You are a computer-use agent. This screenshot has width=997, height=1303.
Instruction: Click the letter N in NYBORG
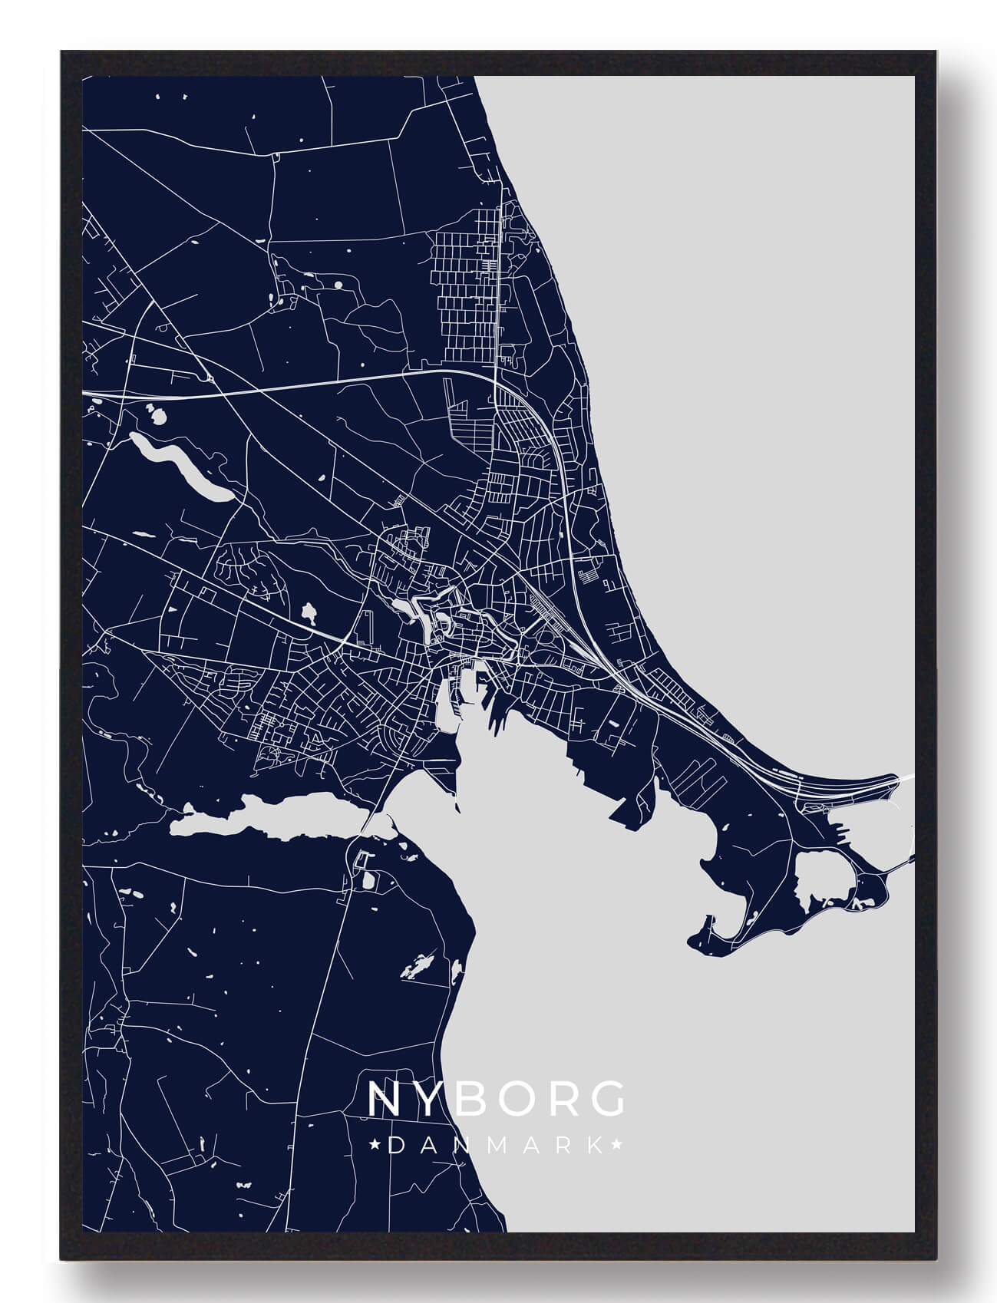click(384, 1099)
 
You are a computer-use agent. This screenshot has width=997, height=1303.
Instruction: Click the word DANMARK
click(496, 1146)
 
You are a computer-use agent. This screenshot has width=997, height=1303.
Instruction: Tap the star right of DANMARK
click(616, 1146)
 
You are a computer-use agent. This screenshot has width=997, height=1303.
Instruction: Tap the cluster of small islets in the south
click(418, 966)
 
